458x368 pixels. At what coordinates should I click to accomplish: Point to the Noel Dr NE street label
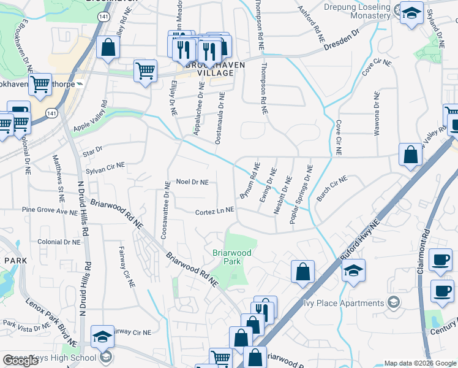[x=192, y=182]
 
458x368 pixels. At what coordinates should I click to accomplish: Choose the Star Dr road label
[x=92, y=149]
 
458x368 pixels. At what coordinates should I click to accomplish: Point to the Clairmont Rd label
[x=423, y=251]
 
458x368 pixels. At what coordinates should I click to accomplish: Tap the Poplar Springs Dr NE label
[x=301, y=194]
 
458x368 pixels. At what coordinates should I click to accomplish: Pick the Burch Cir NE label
[x=332, y=186]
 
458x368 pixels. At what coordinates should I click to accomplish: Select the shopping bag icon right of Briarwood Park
[x=303, y=272]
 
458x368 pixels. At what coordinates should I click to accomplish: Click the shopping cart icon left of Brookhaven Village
[x=145, y=72]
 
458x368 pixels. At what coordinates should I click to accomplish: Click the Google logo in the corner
[x=20, y=361]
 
